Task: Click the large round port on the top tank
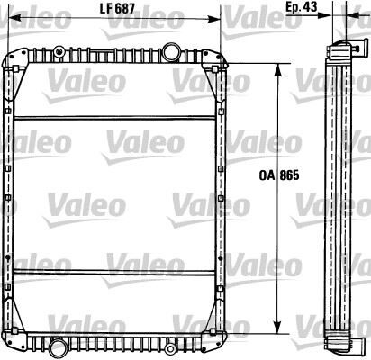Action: (168, 49)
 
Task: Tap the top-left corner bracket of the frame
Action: (13, 63)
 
